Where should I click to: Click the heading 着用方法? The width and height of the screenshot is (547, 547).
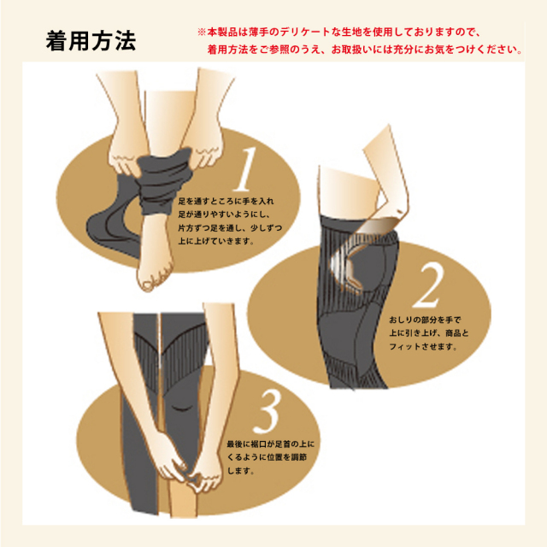point(91,41)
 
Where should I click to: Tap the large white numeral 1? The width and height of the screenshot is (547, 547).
point(245,169)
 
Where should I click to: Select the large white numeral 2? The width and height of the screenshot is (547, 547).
point(428,285)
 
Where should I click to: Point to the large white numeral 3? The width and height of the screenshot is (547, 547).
point(268,410)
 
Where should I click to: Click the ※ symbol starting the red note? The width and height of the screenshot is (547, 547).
point(202,32)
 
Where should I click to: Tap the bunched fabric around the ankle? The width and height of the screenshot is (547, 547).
point(164,181)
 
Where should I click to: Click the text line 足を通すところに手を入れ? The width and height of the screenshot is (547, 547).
point(226,202)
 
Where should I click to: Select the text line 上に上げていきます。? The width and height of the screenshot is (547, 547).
point(216,241)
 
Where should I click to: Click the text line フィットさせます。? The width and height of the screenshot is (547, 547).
point(423,346)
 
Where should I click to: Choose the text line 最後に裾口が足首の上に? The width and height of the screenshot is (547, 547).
point(271,444)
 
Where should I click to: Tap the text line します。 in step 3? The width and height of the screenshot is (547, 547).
point(241,471)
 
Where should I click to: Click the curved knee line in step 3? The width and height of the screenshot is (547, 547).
point(183,409)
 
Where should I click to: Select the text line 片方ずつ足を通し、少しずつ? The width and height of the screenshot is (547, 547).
point(230,228)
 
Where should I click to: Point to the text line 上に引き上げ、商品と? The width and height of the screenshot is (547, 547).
point(429,332)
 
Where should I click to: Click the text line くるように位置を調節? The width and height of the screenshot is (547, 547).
point(268,457)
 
